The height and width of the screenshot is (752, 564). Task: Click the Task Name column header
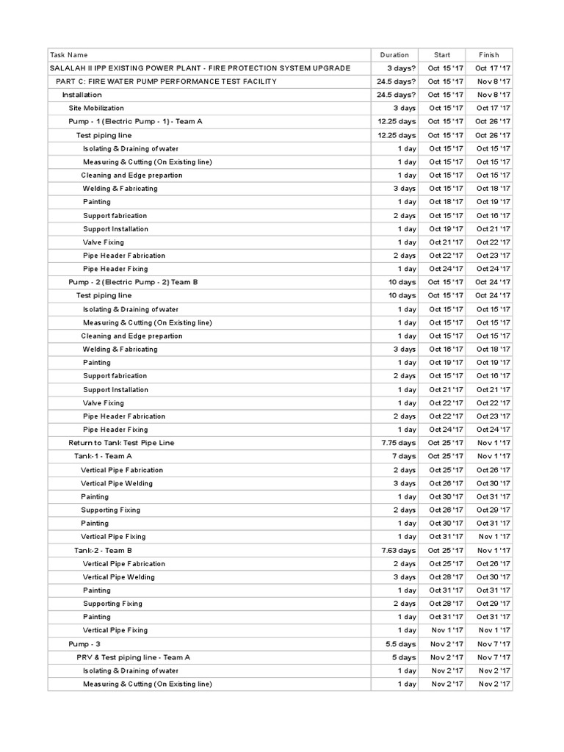[x=68, y=54]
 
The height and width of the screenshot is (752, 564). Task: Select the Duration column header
[x=394, y=54]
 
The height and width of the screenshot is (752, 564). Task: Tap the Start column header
[x=442, y=54]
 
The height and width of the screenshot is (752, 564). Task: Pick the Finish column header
[x=488, y=54]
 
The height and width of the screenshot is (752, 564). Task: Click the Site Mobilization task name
[x=96, y=108]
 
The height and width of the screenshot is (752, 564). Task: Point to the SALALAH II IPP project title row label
[x=200, y=68]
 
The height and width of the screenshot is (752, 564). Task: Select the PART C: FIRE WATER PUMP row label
[x=166, y=82]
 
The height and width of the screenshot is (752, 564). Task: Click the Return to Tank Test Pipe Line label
[x=121, y=443]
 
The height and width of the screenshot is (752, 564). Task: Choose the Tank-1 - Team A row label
[x=103, y=456]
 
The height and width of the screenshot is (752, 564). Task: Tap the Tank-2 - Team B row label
[x=103, y=550]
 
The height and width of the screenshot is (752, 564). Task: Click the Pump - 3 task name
[x=84, y=644]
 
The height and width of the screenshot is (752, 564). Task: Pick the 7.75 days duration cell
[x=399, y=443]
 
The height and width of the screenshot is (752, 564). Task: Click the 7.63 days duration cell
[x=399, y=550]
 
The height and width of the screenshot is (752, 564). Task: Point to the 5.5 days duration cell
[x=401, y=644]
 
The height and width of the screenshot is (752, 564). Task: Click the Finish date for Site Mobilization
[x=493, y=108]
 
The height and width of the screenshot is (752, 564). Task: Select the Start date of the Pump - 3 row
[x=446, y=644]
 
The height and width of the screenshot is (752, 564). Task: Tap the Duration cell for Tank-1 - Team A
[x=404, y=456]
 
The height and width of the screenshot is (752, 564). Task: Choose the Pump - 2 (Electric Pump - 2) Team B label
[x=133, y=282]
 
